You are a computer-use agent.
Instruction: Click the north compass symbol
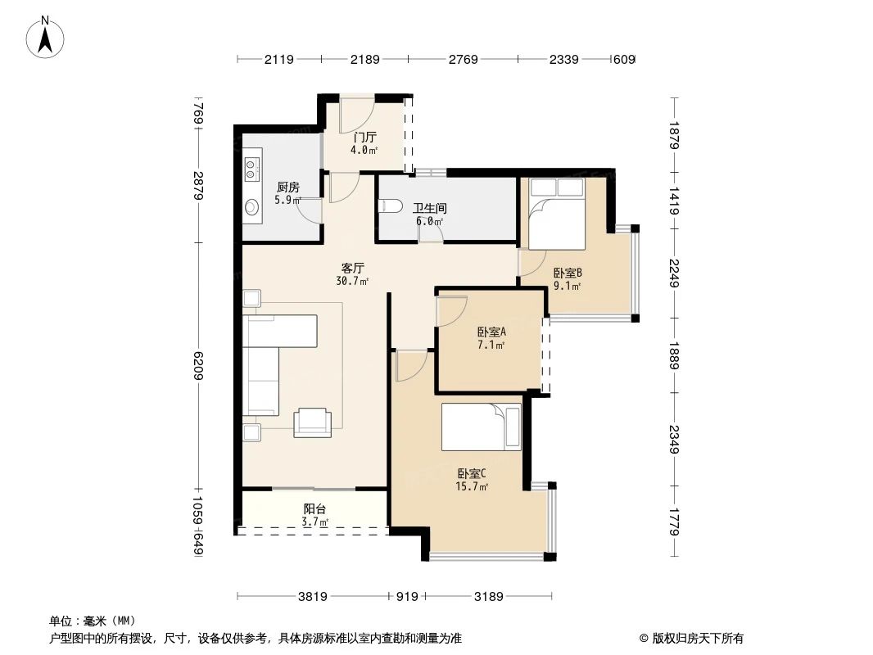(x=46, y=37)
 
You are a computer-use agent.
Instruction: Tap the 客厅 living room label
(x=353, y=268)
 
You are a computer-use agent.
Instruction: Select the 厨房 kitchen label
(x=287, y=187)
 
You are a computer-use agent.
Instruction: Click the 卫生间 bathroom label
(x=427, y=208)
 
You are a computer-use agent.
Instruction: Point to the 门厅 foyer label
(x=364, y=138)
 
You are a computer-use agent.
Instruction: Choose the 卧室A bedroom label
(x=491, y=332)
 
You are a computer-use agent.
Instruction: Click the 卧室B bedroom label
(x=567, y=273)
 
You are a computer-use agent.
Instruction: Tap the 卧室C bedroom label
(x=472, y=473)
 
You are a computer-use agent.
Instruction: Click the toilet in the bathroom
(x=388, y=207)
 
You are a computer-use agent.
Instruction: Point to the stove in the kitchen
(x=251, y=168)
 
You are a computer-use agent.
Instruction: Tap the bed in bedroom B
(x=556, y=215)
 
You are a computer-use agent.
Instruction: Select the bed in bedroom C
(x=481, y=427)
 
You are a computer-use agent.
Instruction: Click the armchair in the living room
(x=314, y=421)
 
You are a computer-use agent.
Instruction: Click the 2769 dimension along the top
(x=463, y=59)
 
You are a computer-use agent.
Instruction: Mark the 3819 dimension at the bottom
(x=313, y=597)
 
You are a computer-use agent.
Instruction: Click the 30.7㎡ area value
(x=352, y=281)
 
